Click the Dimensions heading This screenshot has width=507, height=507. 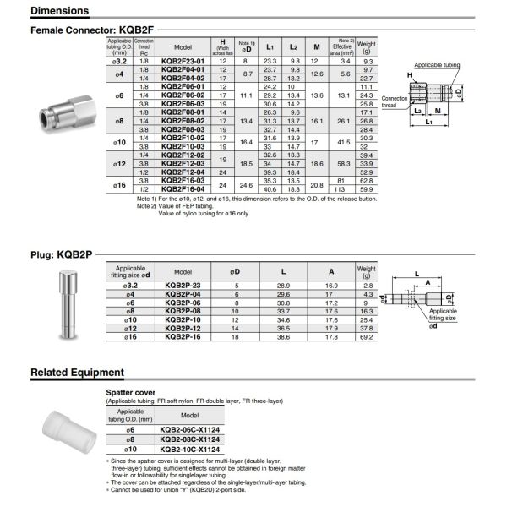pos(59,11)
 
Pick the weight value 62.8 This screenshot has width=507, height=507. pos(367,180)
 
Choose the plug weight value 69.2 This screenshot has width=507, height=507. pos(367,336)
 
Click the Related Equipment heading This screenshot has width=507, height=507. pos(78,373)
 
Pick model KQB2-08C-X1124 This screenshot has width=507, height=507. pos(188,440)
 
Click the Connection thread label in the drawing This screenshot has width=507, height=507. pos(395,101)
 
